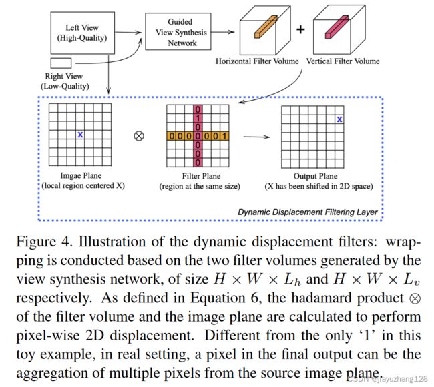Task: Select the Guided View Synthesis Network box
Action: [182, 32]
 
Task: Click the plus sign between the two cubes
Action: [299, 29]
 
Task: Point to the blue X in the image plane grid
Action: [81, 135]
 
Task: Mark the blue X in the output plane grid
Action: [340, 119]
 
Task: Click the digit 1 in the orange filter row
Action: [224, 135]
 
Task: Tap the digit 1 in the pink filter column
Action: [198, 117]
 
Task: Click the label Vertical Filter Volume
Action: [343, 61]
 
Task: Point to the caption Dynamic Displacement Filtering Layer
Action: [307, 212]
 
